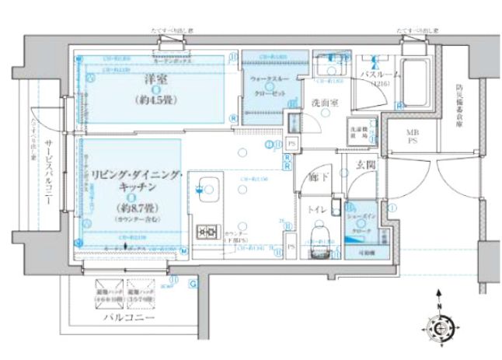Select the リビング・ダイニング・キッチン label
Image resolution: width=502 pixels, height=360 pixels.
(x=134, y=180)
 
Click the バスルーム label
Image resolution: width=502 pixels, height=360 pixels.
(x=380, y=75)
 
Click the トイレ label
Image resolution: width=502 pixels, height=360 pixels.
(x=317, y=209)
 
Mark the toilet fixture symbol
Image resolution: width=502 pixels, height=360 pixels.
(x=318, y=235)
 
